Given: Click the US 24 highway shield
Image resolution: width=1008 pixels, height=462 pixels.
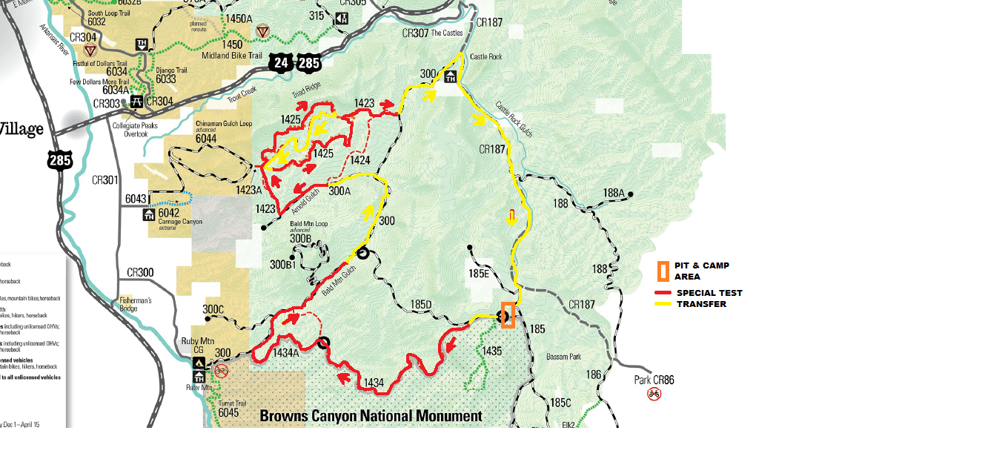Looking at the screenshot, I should [x=280, y=62].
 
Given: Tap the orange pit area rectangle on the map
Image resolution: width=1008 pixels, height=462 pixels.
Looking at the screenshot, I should [x=508, y=315].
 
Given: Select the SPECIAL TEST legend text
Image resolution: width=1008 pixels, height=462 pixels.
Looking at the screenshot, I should [x=709, y=293].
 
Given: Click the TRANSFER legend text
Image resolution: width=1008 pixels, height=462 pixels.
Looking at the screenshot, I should [x=701, y=304].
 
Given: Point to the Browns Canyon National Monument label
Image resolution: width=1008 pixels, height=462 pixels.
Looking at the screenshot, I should [x=371, y=416].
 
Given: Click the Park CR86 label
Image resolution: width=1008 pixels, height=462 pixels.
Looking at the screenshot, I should [x=654, y=380].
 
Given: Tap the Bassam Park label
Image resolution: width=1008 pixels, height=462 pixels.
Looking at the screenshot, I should [x=564, y=357].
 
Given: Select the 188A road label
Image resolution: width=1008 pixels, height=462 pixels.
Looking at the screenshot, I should [x=613, y=193].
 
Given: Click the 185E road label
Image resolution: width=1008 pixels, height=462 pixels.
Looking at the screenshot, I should [x=477, y=274].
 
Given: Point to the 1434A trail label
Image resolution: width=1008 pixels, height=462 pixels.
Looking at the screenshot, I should [x=285, y=353].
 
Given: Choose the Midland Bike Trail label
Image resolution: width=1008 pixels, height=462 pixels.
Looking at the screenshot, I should [x=232, y=56].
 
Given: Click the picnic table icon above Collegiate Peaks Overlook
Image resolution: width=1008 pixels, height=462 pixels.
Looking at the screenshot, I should [x=136, y=102].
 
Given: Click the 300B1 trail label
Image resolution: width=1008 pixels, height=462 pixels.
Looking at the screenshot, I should [x=282, y=265].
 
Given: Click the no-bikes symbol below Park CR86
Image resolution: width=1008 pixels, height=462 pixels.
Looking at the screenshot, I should [x=654, y=394].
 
